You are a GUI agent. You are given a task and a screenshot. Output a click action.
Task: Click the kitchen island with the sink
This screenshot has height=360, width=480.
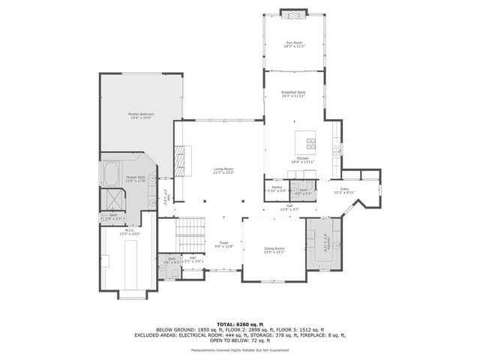[306, 140]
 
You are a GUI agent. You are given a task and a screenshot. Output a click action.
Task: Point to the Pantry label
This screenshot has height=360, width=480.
[276, 188]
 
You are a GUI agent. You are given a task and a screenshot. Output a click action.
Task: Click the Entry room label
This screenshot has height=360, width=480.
[344, 191]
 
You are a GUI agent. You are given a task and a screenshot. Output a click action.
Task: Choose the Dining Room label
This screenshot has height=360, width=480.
[274, 250]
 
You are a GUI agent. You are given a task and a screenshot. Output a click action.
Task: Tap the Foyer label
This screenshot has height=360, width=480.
[224, 244]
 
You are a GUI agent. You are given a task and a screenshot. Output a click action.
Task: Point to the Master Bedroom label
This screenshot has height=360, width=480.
[140, 115]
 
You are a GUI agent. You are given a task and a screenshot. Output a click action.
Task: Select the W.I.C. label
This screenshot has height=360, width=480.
[130, 233]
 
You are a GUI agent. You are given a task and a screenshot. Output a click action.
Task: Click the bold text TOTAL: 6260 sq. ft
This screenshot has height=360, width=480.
[239, 324]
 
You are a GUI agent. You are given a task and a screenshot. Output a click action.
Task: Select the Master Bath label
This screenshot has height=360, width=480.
[136, 178]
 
